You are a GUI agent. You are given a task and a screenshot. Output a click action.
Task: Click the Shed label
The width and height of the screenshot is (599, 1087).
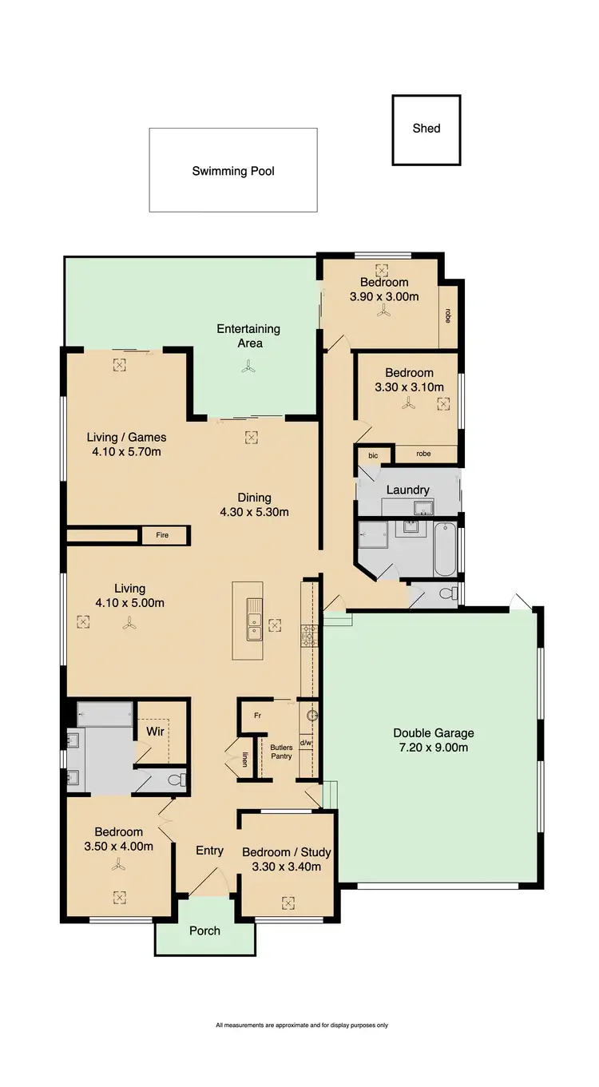[x=426, y=129]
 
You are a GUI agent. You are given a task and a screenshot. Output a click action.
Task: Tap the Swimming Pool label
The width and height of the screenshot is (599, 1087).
[x=233, y=171]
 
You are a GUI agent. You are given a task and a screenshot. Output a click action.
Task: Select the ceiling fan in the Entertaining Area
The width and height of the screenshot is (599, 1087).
[x=248, y=367]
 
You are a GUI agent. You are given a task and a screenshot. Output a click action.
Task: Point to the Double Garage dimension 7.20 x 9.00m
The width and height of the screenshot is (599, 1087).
[x=434, y=748]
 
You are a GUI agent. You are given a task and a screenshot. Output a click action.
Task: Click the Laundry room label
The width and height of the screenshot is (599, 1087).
[x=408, y=490]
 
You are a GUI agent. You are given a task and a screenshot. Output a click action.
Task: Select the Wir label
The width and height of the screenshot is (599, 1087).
[x=155, y=731]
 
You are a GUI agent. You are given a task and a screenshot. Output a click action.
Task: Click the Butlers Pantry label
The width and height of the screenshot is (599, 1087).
[x=280, y=752]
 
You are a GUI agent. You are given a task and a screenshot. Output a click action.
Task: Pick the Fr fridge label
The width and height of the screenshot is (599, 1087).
[x=257, y=716]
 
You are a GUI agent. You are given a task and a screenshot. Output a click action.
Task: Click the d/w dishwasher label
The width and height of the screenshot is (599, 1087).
[x=306, y=744]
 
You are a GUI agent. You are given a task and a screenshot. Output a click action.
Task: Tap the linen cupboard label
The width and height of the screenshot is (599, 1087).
[x=245, y=760]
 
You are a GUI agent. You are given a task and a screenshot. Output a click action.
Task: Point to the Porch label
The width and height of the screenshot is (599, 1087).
[x=204, y=930]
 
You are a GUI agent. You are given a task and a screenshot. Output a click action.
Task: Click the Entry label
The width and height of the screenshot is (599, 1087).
[x=209, y=851]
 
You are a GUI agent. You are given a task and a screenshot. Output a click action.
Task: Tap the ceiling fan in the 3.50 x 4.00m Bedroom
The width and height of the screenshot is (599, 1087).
[x=119, y=864]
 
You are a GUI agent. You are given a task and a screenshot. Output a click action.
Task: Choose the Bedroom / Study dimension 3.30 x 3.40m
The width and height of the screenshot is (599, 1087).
[x=287, y=867]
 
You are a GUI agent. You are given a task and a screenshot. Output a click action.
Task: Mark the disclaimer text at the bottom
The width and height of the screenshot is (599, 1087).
[x=301, y=1026]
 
